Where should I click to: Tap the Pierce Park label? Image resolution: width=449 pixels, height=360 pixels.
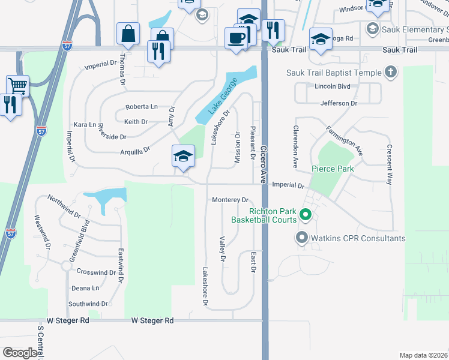tap(333, 169)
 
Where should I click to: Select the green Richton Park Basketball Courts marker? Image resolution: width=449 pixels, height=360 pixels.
tap(305, 214)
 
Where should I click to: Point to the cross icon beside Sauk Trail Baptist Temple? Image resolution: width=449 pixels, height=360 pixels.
tap(391, 73)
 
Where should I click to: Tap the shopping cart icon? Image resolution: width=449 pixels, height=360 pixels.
tap(17, 85)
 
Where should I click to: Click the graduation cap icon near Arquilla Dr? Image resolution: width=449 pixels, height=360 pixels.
tap(183, 157)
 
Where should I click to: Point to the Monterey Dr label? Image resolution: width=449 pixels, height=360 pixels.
tap(230, 200)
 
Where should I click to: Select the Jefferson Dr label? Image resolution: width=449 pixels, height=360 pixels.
tap(338, 103)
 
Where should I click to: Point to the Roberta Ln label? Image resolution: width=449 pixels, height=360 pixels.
tap(141, 107)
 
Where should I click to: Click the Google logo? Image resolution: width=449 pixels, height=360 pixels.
tap(20, 353)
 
